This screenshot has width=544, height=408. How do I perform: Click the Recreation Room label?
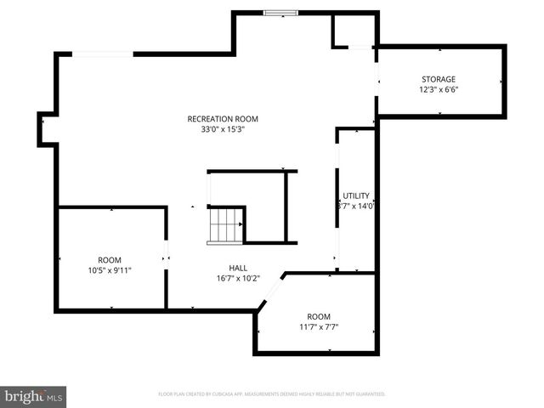[x=223, y=119]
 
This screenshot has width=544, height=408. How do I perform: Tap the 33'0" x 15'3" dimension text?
[x=223, y=130]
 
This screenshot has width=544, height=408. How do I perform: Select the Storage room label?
[x=439, y=79]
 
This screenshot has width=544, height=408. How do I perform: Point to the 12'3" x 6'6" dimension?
[x=439, y=90]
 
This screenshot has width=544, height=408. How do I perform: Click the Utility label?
[x=355, y=195]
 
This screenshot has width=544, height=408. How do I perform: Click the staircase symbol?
[x=226, y=225]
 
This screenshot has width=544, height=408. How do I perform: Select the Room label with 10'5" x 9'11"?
[x=110, y=260]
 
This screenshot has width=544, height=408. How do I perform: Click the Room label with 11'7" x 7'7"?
[x=319, y=316]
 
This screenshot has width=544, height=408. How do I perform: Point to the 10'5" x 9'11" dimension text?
[x=110, y=271]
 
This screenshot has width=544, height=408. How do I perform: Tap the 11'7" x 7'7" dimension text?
[x=319, y=327]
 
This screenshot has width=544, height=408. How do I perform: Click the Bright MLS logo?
[x=34, y=396]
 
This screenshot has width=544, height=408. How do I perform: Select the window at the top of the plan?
[x=280, y=13]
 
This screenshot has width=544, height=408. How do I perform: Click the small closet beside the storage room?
[x=352, y=31]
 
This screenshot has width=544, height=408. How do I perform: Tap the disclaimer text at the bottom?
[x=272, y=394]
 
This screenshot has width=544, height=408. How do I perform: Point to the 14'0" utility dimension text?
[x=357, y=206]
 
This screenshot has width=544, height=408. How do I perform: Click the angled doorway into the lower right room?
[x=270, y=292]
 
